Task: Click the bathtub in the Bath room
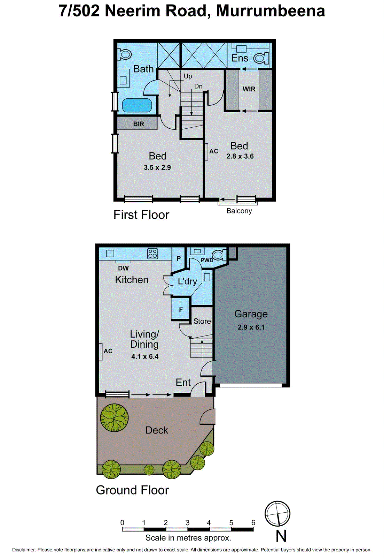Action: coord(137,105)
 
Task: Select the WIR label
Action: coord(249,89)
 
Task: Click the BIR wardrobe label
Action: coord(139,124)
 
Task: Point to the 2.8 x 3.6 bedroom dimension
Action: coord(240,156)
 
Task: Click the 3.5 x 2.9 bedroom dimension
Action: coord(157,167)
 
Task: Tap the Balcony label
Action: coord(239,211)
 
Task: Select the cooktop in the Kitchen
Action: coord(152,254)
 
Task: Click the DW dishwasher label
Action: coord(123,268)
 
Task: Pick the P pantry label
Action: coord(179,258)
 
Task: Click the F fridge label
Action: coord(181,310)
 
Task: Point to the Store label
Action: coord(202,321)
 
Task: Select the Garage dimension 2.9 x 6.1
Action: coord(251,327)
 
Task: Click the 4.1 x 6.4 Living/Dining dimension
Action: coord(145,356)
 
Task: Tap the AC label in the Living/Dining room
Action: coord(108,351)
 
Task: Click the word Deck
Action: coord(157,430)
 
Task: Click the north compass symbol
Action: coord(277,513)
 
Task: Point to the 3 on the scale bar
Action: coord(187,522)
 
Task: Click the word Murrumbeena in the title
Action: coord(271,11)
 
